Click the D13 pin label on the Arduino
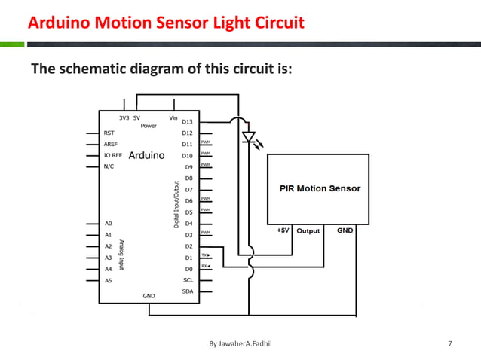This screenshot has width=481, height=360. click(x=188, y=121)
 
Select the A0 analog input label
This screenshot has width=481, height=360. click(x=109, y=224)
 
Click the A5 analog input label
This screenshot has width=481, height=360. click(x=109, y=280)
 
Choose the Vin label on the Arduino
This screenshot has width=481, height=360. click(x=173, y=118)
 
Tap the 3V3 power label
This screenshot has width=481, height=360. click(x=124, y=118)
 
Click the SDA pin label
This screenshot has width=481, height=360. click(x=188, y=291)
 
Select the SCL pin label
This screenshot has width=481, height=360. click(x=188, y=279)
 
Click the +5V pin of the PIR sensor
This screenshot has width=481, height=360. click(x=282, y=230)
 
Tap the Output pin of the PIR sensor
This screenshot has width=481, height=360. click(x=308, y=230)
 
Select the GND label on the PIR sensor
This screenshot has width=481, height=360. click(x=345, y=230)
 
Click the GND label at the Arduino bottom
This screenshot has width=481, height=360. click(x=149, y=296)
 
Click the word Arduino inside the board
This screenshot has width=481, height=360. click(x=147, y=156)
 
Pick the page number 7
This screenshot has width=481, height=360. click(x=450, y=344)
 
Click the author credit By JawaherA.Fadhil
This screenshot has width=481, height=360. click(x=239, y=344)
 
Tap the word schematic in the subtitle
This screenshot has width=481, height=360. click(x=97, y=70)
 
